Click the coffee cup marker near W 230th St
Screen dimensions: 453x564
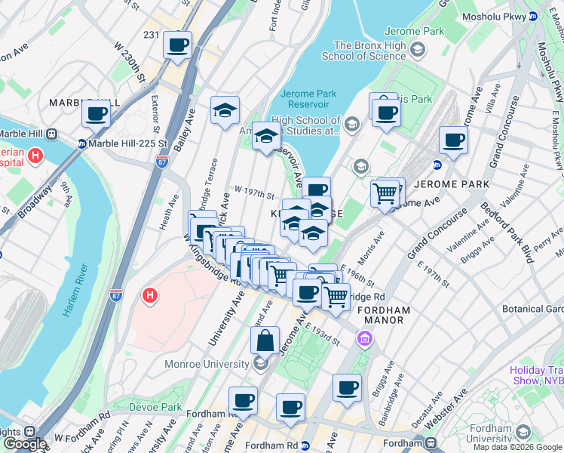tap(177, 45)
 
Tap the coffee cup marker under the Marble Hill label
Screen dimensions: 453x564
tap(97, 114)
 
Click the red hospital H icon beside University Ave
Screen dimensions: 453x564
tap(150, 294)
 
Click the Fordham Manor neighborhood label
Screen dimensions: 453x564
tap(383, 315)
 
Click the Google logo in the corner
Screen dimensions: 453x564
tap(24, 444)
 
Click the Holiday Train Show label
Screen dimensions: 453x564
tap(536, 375)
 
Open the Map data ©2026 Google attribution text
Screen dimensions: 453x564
tap(517, 447)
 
